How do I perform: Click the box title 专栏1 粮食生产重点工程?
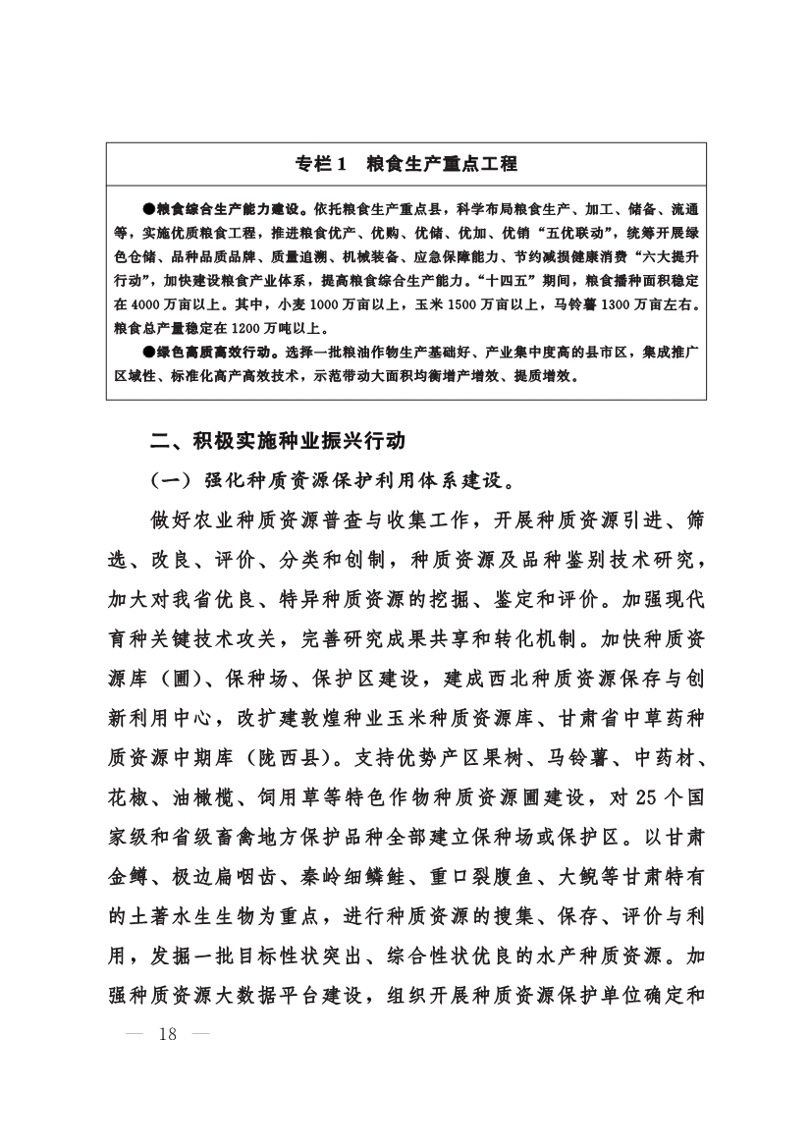click(x=405, y=164)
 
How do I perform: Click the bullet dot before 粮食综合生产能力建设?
click(x=148, y=210)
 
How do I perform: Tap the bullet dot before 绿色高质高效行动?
click(x=148, y=351)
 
